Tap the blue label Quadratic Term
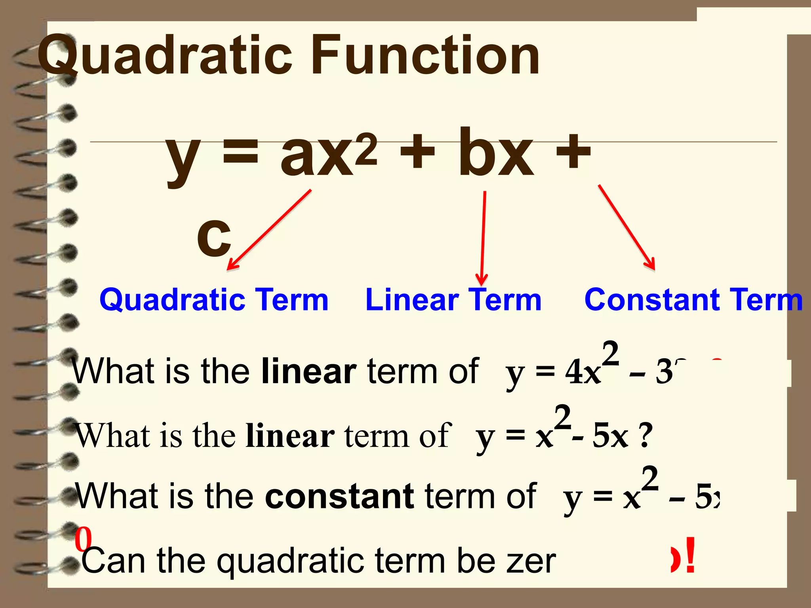214,300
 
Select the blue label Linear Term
453,300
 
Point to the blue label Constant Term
693,300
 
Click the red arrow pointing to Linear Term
483,237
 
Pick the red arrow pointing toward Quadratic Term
269,230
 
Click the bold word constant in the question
339,496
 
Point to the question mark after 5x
646,436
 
